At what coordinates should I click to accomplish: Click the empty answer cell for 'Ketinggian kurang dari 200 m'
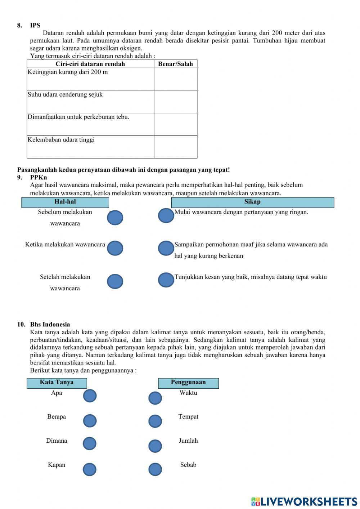pyautogui.click(x=175, y=79)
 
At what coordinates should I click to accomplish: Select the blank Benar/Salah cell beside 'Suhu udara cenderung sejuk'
pyautogui.click(x=175, y=102)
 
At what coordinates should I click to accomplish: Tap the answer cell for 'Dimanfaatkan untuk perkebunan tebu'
pyautogui.click(x=175, y=124)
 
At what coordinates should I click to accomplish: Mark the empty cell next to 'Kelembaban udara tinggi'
pyautogui.click(x=175, y=147)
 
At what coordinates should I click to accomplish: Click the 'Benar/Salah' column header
pyautogui.click(x=175, y=64)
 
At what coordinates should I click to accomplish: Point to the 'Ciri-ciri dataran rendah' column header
pyautogui.click(x=90, y=64)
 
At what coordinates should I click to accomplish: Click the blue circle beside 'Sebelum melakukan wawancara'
pyautogui.click(x=115, y=218)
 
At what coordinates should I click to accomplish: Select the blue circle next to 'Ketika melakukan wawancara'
pyautogui.click(x=115, y=248)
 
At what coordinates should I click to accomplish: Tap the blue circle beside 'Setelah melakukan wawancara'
pyautogui.click(x=115, y=281)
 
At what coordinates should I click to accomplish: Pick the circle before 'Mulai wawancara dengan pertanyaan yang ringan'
pyautogui.click(x=166, y=215)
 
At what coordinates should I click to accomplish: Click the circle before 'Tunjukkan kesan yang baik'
pyautogui.click(x=166, y=280)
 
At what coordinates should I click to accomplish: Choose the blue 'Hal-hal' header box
pyautogui.click(x=65, y=202)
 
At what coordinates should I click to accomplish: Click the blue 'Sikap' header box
pyautogui.click(x=252, y=202)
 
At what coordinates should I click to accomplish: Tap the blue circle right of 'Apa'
pyautogui.click(x=90, y=396)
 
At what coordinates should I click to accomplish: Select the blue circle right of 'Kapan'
pyautogui.click(x=90, y=469)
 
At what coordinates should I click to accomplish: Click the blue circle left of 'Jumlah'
pyautogui.click(x=155, y=446)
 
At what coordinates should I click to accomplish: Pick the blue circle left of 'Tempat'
pyautogui.click(x=155, y=421)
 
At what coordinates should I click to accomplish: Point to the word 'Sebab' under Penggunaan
pyautogui.click(x=188, y=465)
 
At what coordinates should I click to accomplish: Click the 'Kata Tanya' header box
pyautogui.click(x=57, y=383)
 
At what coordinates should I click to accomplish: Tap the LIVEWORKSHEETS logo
pyautogui.click(x=304, y=501)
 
